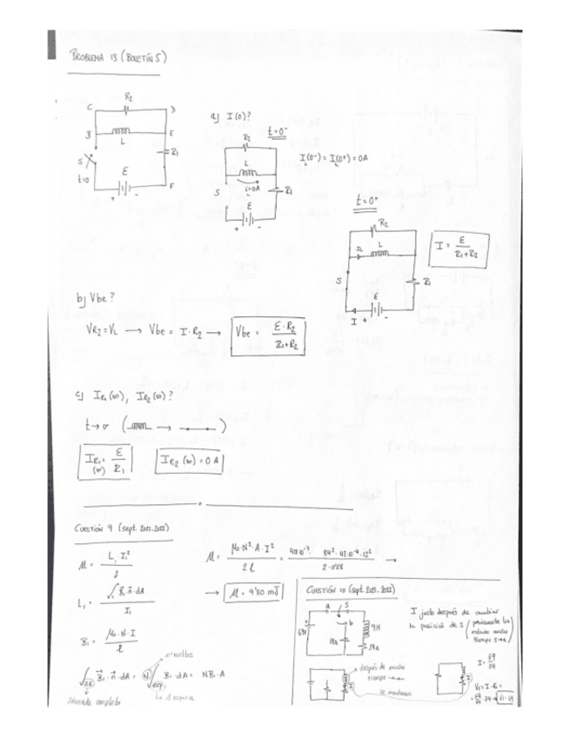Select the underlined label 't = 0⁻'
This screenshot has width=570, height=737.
(280, 130)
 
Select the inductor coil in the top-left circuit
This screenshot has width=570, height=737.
(119, 132)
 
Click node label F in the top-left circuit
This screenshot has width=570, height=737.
(174, 187)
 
